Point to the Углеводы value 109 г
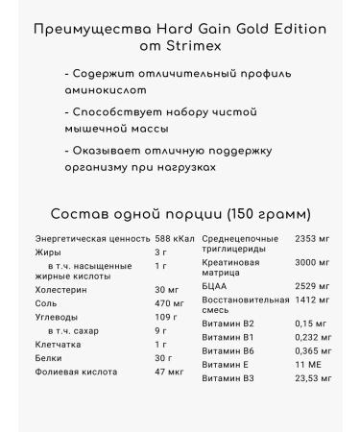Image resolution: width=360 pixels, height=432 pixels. click(166, 317)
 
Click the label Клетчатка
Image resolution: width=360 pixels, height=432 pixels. click(59, 344)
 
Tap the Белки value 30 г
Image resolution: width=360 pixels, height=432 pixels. click(162, 356)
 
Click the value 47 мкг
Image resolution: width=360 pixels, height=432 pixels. click(168, 370)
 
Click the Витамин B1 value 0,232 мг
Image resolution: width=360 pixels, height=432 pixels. click(314, 338)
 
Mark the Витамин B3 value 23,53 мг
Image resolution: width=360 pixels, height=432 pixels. click(314, 379)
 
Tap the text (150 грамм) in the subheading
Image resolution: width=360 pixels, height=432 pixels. click(266, 213)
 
